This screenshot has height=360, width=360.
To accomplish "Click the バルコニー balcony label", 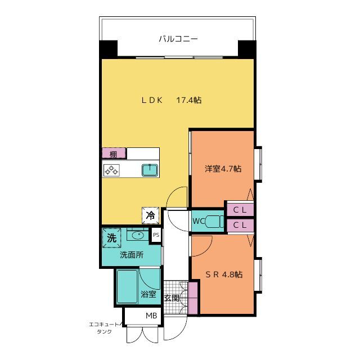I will pyautogui.click(x=178, y=39).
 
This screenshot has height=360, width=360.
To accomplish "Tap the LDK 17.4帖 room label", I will pyautogui.click(x=171, y=100).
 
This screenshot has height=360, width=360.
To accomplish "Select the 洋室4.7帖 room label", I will pyautogui.click(x=223, y=168).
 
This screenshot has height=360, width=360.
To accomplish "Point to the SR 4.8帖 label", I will pyautogui.click(x=223, y=274).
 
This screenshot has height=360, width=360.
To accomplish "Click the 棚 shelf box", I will pyautogui.click(x=114, y=154).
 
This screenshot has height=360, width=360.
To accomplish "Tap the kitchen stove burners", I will pyautogui.click(x=111, y=170).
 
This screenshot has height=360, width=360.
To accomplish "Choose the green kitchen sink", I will pyautogui.click(x=150, y=170).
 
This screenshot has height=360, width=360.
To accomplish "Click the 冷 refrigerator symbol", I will pyautogui.click(x=151, y=214).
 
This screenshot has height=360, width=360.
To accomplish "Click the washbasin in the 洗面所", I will pyautogui.click(x=137, y=234).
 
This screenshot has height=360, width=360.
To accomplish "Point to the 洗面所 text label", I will pyautogui.click(x=131, y=255).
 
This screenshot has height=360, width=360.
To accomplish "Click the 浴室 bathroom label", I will pyautogui.click(x=148, y=294).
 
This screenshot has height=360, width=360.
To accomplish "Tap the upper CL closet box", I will pyautogui.click(x=239, y=209).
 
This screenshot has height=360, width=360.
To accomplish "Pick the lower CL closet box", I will pyautogui.click(x=239, y=226).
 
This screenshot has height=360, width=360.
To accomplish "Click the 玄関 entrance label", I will pyautogui.click(x=172, y=298).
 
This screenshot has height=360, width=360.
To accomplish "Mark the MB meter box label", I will pyautogui.click(x=151, y=316).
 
